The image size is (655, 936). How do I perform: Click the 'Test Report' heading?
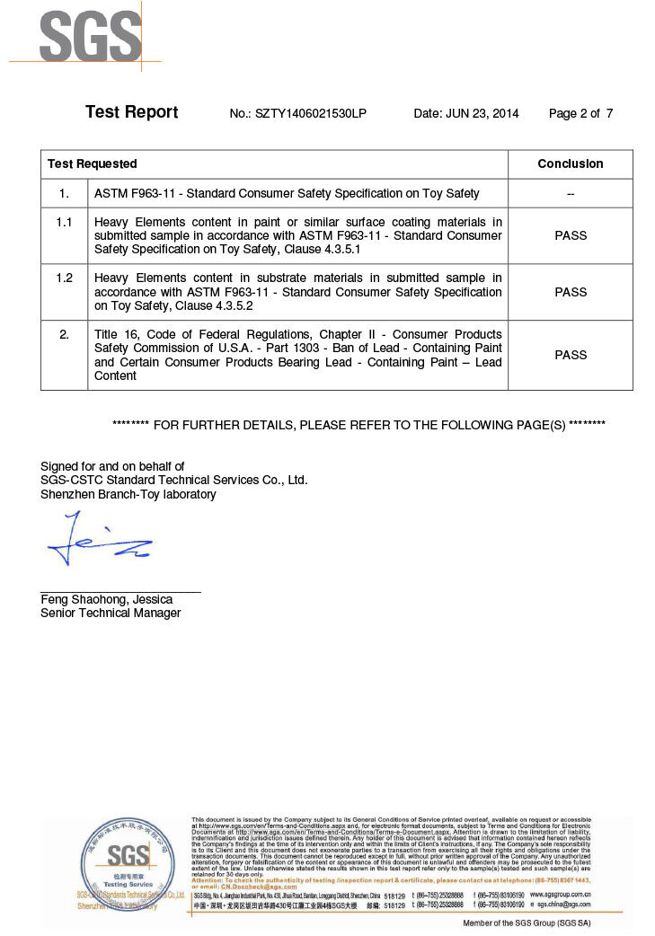[x=131, y=112]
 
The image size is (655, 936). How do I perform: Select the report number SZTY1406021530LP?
[x=311, y=114]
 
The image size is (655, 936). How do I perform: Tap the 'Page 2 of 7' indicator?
[x=580, y=114]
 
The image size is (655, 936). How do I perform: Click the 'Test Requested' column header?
[x=93, y=163]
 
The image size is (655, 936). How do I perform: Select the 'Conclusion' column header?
[x=570, y=163]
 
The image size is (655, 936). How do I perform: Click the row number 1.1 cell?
[x=64, y=222]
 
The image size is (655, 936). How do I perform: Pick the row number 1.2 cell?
[x=64, y=278]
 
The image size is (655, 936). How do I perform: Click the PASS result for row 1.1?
[x=570, y=235]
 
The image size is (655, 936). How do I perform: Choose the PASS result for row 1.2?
[x=570, y=292]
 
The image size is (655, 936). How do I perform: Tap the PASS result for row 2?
[x=570, y=355]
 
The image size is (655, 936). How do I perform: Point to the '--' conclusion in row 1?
[x=570, y=193]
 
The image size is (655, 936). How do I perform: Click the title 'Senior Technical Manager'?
[x=111, y=613]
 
